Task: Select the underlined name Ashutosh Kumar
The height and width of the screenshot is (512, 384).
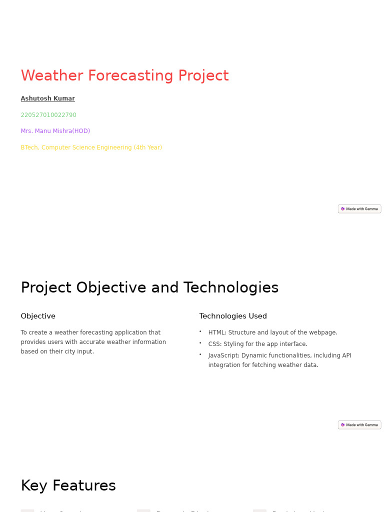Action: click(x=47, y=98)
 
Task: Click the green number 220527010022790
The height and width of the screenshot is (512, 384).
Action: click(x=48, y=115)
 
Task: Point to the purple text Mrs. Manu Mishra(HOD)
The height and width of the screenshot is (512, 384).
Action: click(x=55, y=131)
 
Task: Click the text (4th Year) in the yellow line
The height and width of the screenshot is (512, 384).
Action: click(x=147, y=147)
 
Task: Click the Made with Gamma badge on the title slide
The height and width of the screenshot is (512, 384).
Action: click(x=359, y=209)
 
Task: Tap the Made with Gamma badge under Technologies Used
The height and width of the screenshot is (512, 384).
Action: click(x=359, y=425)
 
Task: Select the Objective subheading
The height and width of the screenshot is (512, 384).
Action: click(x=38, y=316)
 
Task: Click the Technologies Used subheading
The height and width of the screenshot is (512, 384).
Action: click(x=233, y=316)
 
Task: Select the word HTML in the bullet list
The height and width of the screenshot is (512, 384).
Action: click(x=216, y=332)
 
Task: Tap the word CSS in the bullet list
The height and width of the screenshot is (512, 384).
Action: click(x=214, y=344)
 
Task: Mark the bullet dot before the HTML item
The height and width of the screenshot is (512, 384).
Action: click(x=200, y=331)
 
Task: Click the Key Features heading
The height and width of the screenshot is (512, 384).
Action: click(x=68, y=485)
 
